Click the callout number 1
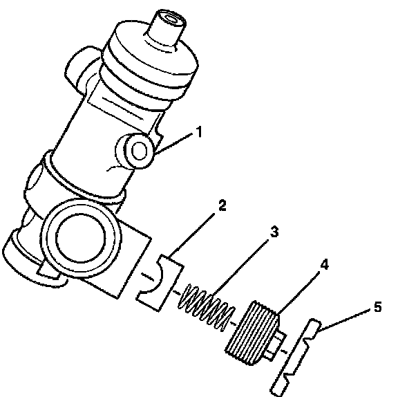200,132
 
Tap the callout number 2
222,205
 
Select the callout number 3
274,232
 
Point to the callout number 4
324,264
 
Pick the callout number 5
378,307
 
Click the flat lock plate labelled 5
296,357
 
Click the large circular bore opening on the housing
81,239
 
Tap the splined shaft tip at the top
167,28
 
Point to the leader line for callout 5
344,320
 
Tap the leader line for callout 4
298,293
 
